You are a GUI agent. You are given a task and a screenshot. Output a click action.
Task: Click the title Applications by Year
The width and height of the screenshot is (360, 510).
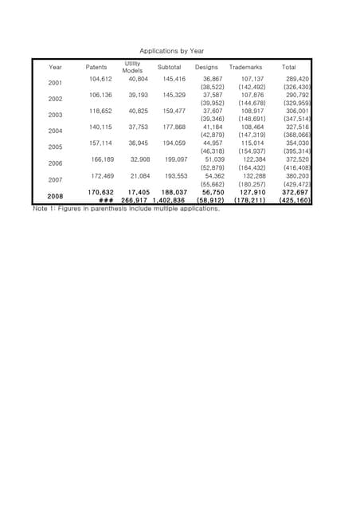[x=172, y=51]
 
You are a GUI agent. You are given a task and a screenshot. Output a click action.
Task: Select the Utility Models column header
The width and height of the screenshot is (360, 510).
[x=132, y=66]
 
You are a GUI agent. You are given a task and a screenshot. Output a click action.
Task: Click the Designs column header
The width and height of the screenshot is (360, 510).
[x=206, y=67]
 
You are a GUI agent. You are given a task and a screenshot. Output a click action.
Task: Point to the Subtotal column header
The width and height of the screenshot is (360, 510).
[x=169, y=67]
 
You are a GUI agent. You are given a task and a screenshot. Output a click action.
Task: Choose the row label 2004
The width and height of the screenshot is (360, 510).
[x=56, y=131]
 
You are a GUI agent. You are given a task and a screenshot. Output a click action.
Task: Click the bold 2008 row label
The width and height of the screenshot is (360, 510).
[x=56, y=195]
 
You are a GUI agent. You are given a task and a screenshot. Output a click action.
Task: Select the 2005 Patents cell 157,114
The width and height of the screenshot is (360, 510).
[x=102, y=143]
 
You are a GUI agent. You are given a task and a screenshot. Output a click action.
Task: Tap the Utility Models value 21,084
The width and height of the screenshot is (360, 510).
[x=139, y=175]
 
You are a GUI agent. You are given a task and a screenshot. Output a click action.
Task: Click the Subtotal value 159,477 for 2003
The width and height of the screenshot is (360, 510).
[x=173, y=111]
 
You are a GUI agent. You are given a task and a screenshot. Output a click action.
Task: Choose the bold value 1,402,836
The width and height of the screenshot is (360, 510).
[x=169, y=201]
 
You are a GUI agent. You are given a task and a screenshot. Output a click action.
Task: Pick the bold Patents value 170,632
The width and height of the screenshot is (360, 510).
[x=100, y=192]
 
